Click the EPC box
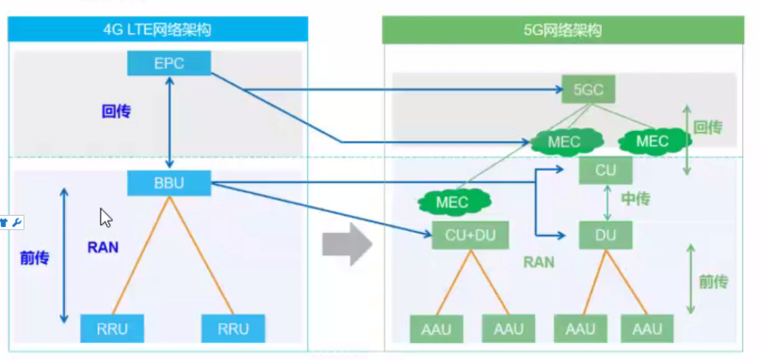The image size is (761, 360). (x=169, y=65)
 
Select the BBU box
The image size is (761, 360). (x=169, y=184)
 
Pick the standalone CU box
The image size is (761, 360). (x=604, y=171)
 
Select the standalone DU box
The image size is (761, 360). (x=604, y=236)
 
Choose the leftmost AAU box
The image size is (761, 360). (x=432, y=329)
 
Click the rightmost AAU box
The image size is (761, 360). (x=647, y=329)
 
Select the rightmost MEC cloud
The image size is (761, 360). (x=652, y=141)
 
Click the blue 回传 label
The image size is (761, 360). (x=116, y=111)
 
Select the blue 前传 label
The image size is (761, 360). (x=34, y=255)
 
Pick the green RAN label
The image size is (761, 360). (x=539, y=263)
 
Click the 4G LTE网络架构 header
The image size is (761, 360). (x=157, y=30)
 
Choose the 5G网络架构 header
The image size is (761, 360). (x=562, y=30)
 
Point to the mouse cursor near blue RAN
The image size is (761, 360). (x=105, y=218)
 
